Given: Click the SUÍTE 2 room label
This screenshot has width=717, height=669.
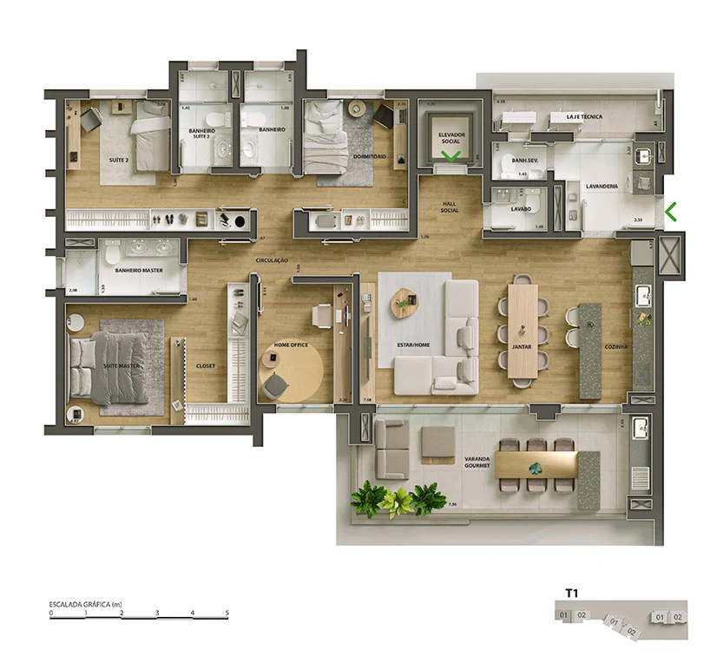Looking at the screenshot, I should pyautogui.click(x=119, y=161).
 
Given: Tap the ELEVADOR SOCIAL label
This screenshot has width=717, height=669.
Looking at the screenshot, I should pyautogui.click(x=451, y=138).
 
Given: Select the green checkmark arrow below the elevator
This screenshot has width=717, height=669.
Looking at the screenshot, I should pyautogui.click(x=451, y=156).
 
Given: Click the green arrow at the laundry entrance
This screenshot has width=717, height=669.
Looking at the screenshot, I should pyautogui.click(x=670, y=211).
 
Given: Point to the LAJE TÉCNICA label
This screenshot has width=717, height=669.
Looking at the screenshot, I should pyautogui.click(x=584, y=116).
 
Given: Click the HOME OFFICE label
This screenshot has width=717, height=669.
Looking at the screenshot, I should pyautogui.click(x=292, y=345).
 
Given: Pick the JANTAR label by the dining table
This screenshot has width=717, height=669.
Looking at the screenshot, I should pyautogui.click(x=522, y=345).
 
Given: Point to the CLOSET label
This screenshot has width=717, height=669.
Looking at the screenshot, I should pyautogui.click(x=206, y=365).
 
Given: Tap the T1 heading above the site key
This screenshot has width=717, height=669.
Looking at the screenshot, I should pyautogui.click(x=571, y=594).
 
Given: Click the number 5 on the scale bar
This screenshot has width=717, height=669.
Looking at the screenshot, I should pyautogui.click(x=227, y=613).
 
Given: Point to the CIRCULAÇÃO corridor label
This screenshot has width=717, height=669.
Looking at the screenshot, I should pyautogui.click(x=271, y=260).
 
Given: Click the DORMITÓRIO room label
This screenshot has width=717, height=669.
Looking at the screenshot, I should pyautogui.click(x=370, y=156).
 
